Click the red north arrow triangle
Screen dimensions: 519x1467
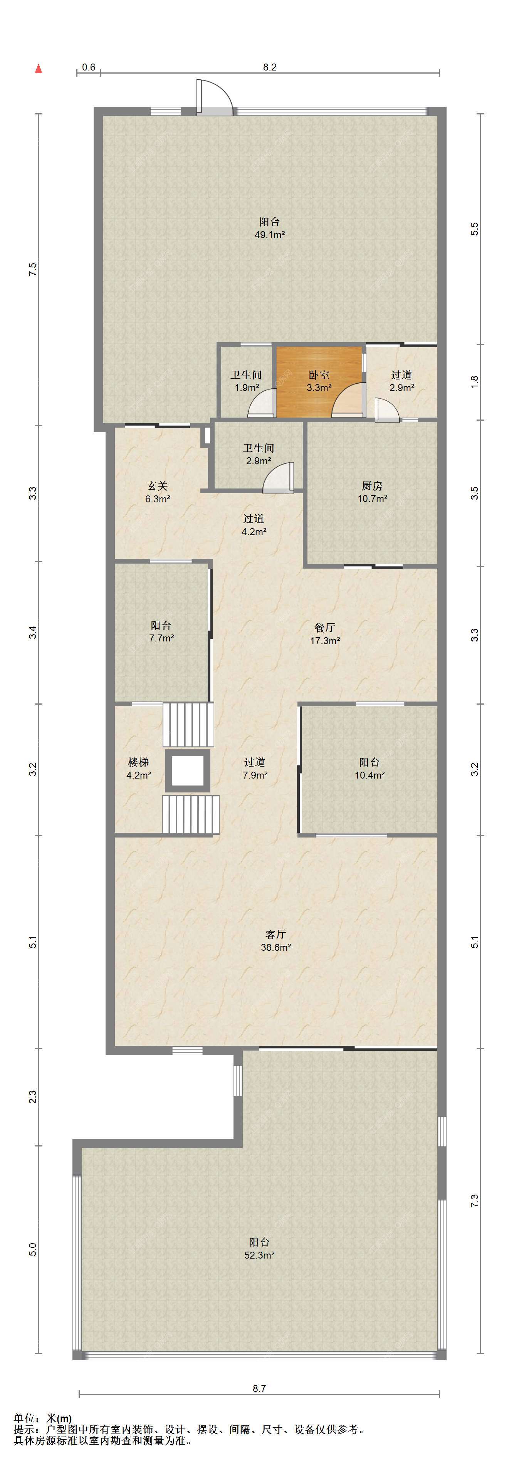pyautogui.click(x=39, y=69)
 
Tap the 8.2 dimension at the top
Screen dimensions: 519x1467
pyautogui.click(x=269, y=67)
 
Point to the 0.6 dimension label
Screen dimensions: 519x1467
pyautogui.click(x=88, y=67)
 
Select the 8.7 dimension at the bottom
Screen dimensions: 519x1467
pyautogui.click(x=259, y=1388)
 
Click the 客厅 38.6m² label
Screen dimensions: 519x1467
pyautogui.click(x=276, y=941)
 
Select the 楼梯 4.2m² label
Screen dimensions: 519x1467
pyautogui.click(x=138, y=768)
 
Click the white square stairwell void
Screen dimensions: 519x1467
pyautogui.click(x=187, y=770)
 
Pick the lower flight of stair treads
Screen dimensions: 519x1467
pyautogui.click(x=190, y=814)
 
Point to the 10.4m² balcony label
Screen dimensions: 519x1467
pyautogui.click(x=369, y=768)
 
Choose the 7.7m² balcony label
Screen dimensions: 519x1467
pyautogui.click(x=161, y=631)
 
